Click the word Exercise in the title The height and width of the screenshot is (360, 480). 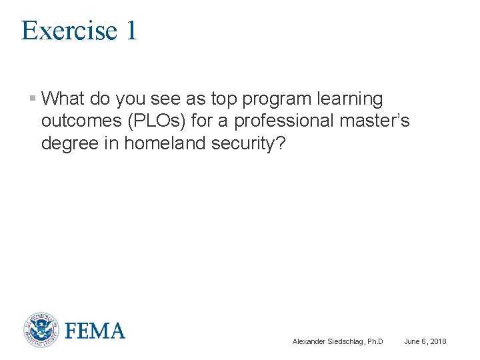click(63, 31)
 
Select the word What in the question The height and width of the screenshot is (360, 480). click(63, 99)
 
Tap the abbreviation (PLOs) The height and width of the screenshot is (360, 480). click(165, 121)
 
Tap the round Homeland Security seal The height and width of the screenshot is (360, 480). click(41, 330)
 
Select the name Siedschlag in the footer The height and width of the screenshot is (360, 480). click(344, 342)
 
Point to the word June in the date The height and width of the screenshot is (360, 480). click(412, 342)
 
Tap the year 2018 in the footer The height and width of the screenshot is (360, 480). click(437, 342)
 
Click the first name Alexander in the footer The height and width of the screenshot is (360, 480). click(308, 342)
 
